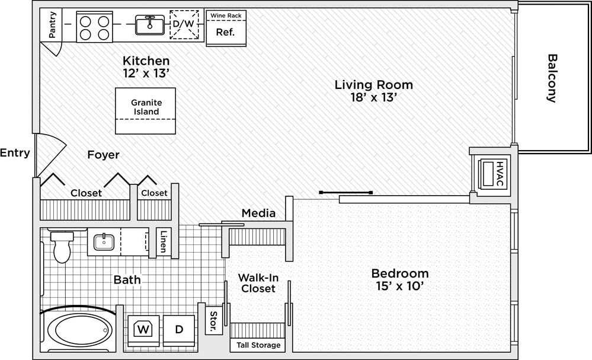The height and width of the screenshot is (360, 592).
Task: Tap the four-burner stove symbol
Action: tap(95, 27)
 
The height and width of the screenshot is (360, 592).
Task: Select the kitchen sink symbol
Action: tap(149, 25)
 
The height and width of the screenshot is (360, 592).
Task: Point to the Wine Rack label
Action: tap(226, 15)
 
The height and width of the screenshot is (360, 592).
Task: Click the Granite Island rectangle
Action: tap(146, 110)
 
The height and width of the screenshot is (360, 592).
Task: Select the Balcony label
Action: tap(552, 78)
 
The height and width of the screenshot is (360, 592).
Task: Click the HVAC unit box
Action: tap(492, 173)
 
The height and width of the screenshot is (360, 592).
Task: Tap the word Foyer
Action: tap(103, 155)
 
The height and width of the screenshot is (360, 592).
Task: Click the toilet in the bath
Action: tap(62, 247)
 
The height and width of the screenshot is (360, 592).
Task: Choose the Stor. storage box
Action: tap(213, 320)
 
